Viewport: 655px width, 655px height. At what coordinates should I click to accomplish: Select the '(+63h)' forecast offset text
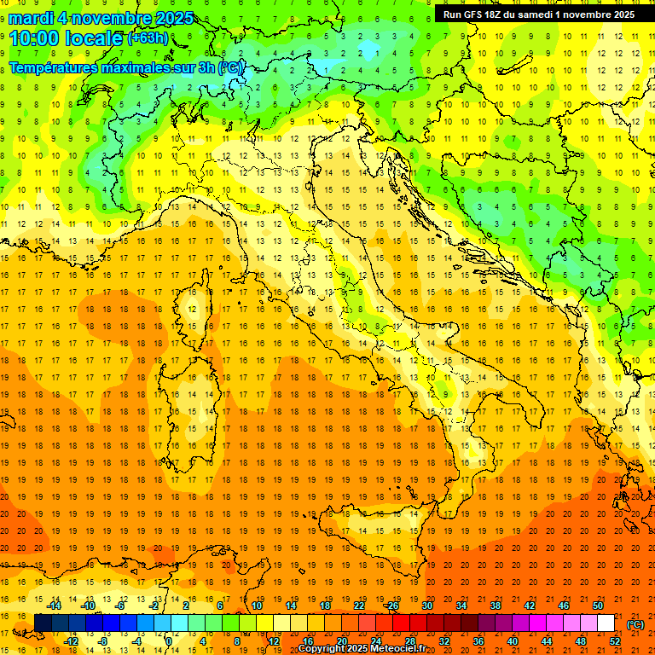coord(148,38)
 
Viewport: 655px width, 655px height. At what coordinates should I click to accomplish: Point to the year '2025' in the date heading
coord(173,18)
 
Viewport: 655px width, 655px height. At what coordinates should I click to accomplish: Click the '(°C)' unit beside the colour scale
coord(635,624)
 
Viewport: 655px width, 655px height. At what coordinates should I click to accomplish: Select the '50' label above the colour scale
coord(598,606)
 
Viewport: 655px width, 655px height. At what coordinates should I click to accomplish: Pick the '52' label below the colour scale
coord(615,641)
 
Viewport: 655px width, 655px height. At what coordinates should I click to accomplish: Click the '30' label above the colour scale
coord(427,606)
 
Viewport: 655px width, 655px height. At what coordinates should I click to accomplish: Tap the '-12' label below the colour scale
coord(71,641)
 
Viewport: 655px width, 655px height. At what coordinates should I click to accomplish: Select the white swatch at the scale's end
coord(606,623)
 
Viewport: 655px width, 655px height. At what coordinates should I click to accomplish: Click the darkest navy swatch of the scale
coord(43,623)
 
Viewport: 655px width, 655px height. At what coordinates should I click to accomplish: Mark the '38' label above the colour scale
coord(496,606)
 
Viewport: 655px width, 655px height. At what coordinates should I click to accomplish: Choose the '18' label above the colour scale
coord(325,606)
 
